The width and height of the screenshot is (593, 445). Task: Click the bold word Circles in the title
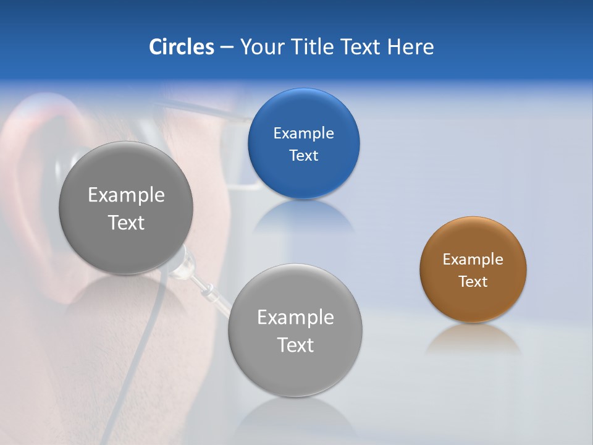(181, 46)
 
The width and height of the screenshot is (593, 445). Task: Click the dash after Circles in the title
(227, 47)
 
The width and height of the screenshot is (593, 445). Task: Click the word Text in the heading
(361, 46)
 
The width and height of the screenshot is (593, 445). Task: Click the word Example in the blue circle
(303, 133)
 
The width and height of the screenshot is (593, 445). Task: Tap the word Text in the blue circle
(303, 155)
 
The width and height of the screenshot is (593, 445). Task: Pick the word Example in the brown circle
(473, 259)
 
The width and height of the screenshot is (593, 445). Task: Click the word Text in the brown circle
(473, 281)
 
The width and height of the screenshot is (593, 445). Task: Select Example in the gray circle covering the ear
(126, 195)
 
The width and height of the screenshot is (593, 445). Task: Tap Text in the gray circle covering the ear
(126, 222)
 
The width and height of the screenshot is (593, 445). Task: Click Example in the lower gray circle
(295, 317)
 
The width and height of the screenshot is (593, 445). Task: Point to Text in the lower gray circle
(295, 345)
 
